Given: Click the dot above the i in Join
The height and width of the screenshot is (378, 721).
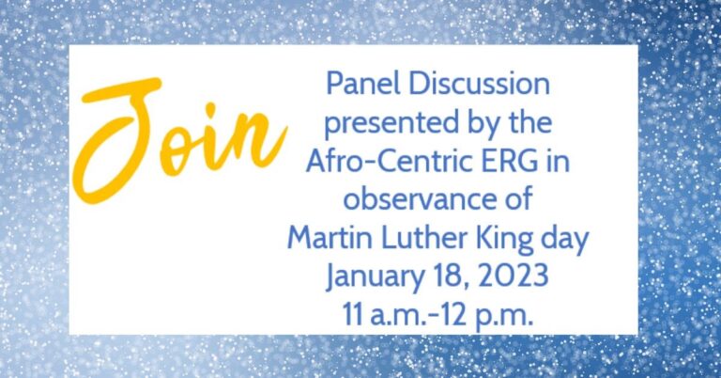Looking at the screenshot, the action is tap(210, 109).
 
